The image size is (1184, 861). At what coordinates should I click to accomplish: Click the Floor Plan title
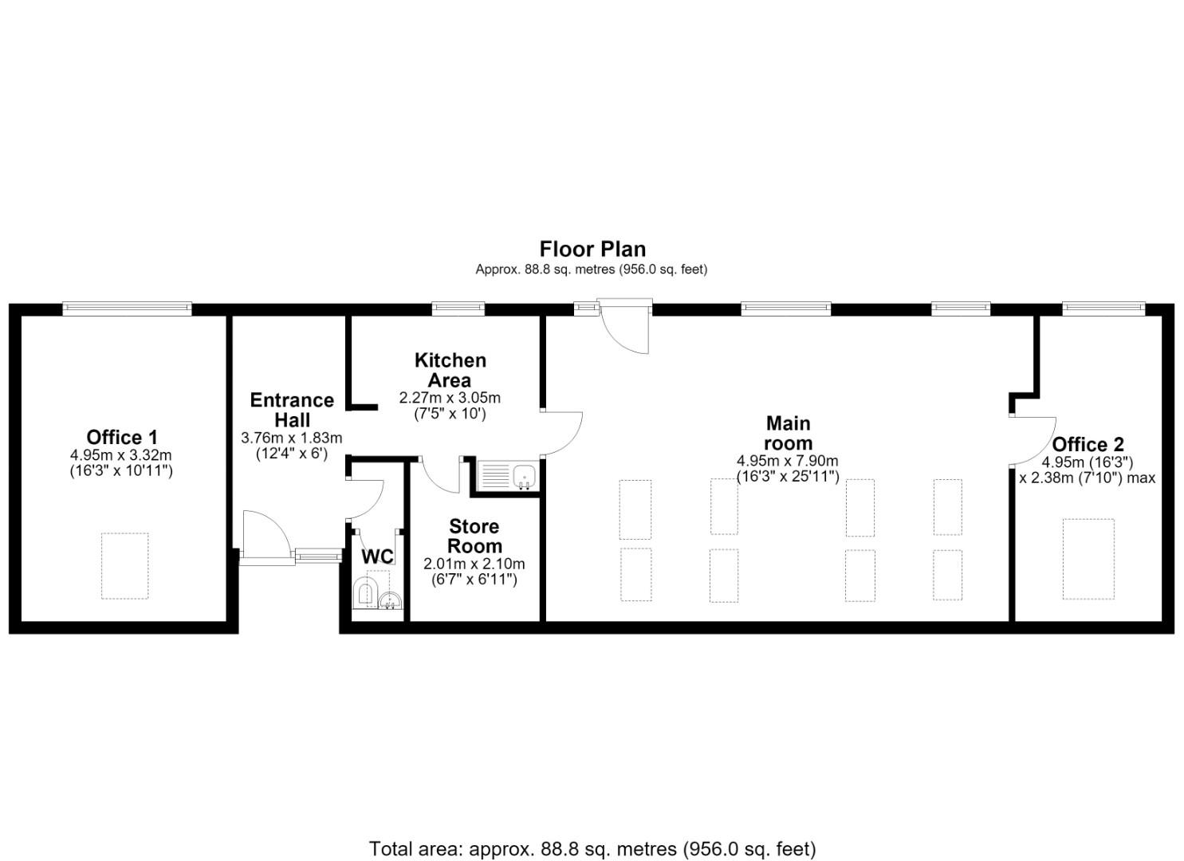click(592, 249)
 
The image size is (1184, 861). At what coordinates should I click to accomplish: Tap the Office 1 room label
click(122, 437)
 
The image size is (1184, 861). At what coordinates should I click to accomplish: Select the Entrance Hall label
click(292, 410)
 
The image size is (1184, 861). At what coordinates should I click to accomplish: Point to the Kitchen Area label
click(450, 370)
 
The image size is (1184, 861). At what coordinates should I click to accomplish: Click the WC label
click(377, 556)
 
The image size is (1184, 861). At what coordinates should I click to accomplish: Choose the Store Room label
click(474, 536)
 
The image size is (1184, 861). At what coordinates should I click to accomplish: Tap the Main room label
click(788, 433)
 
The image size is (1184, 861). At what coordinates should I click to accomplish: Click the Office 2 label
click(1088, 444)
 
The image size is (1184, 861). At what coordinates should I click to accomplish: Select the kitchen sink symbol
click(507, 475)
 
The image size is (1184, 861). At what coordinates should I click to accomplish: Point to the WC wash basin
click(391, 600)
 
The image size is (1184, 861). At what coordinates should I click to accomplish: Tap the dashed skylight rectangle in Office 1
click(124, 565)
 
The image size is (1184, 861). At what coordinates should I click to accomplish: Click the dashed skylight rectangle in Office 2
click(1088, 559)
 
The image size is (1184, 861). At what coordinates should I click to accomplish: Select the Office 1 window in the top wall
click(127, 309)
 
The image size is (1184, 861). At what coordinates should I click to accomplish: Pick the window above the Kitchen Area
click(458, 309)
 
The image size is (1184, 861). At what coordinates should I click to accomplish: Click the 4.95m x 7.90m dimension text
click(788, 461)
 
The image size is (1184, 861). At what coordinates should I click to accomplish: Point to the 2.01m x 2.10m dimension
click(474, 564)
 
